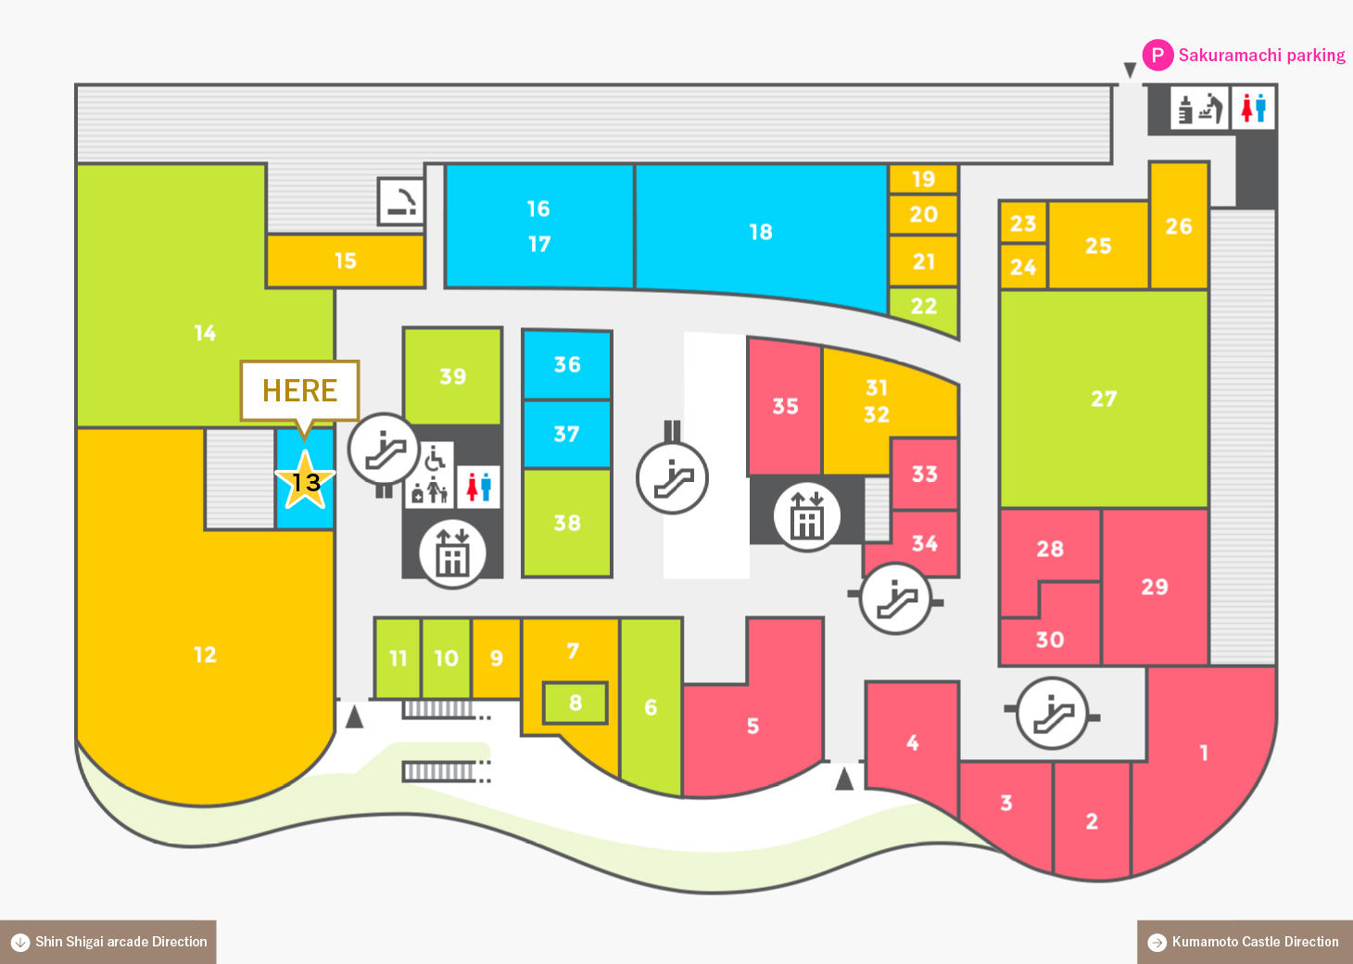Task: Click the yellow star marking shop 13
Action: coord(304,481)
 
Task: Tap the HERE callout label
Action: coord(299,391)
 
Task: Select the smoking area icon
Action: coord(400,201)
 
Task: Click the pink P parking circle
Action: coord(1157,55)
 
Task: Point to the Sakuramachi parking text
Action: coord(1262,56)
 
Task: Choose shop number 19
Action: coord(923,179)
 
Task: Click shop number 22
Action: coord(924,307)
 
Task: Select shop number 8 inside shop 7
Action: coord(575,703)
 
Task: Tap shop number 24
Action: coord(1022,266)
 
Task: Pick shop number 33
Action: coord(924,475)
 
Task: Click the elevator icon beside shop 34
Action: coord(806,514)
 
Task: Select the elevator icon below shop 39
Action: coord(452,552)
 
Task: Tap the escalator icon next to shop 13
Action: coord(384,449)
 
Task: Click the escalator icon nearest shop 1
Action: coord(1052,714)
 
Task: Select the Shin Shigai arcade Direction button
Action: coord(108,942)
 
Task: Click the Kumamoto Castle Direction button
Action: coord(1245,942)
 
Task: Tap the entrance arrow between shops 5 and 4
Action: coord(844,778)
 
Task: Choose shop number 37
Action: coord(566,434)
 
